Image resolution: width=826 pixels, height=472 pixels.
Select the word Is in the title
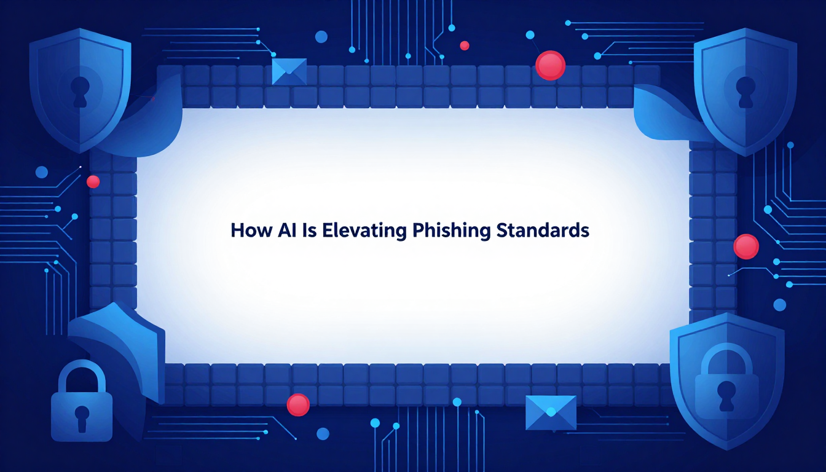[x=309, y=230]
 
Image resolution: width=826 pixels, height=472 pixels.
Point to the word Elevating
[x=364, y=231]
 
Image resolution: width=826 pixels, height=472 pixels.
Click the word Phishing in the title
[x=451, y=231]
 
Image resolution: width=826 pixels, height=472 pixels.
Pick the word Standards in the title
[x=543, y=230]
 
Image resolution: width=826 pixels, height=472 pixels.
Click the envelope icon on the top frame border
[x=289, y=71]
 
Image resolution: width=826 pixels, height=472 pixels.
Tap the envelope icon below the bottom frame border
[x=551, y=413]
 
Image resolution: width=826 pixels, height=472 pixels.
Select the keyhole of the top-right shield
[x=745, y=92]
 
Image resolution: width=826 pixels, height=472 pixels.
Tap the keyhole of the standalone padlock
[x=82, y=418]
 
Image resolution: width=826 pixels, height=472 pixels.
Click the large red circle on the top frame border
[x=550, y=65]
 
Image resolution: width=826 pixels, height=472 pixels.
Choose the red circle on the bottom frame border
[x=298, y=404]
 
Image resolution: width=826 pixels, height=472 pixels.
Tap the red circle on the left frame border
[x=93, y=181]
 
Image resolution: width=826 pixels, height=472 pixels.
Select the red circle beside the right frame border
[x=746, y=246]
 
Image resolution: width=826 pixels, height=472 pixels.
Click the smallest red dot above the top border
[x=465, y=45]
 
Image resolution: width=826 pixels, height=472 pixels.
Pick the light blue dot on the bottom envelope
[x=551, y=412]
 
